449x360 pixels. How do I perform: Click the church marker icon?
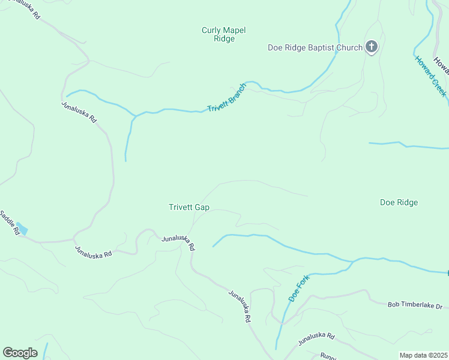pos(372,47)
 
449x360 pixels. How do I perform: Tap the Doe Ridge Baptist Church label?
pos(315,48)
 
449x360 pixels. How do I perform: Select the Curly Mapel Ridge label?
pos(224,34)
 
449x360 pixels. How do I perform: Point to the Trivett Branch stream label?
pos(227,97)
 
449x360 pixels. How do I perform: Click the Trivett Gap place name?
pos(188,207)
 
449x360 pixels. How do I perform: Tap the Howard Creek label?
pos(430,76)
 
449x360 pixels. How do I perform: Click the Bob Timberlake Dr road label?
pos(414,306)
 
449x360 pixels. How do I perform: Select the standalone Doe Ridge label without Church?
pos(399,202)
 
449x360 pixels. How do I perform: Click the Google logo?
pos(20,353)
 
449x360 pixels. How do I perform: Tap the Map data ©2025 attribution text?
pos(423,355)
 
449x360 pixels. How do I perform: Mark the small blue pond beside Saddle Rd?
pos(22,228)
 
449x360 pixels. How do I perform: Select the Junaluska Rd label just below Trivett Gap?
pos(178,242)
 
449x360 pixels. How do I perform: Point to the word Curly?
pos(211,30)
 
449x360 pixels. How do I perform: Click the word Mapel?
pos(235,30)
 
